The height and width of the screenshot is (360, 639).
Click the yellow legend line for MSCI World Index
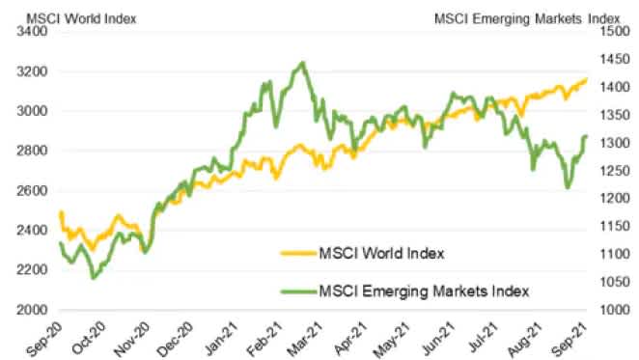[297, 254]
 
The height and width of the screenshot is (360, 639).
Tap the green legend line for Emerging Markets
[297, 290]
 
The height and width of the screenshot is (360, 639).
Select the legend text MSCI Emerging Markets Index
[425, 290]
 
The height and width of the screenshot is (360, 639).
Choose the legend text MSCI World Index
[382, 254]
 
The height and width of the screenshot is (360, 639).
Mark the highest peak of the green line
[303, 64]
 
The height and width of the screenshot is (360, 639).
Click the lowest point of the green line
[93, 278]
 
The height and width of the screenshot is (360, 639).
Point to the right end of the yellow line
[586, 80]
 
